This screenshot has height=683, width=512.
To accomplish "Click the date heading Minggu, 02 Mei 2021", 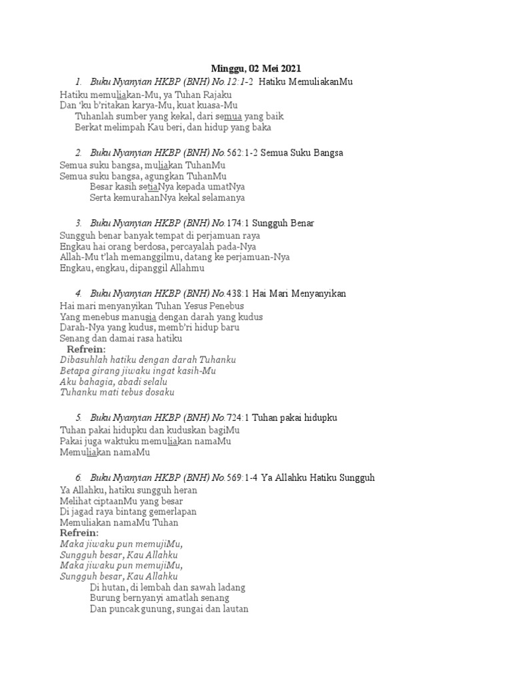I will click(256, 68).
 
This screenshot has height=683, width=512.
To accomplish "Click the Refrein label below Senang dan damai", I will click(86, 350).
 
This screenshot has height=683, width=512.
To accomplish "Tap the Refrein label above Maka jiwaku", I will click(79, 534).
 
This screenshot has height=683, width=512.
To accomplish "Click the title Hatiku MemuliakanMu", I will click(305, 81).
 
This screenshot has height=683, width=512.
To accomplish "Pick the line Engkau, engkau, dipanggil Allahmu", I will click(132, 269).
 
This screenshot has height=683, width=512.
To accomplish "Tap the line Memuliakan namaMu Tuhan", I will click(119, 523).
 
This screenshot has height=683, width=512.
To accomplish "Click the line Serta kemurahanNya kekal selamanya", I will click(167, 197).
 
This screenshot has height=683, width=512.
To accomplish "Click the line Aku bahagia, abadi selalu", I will click(113, 382).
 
